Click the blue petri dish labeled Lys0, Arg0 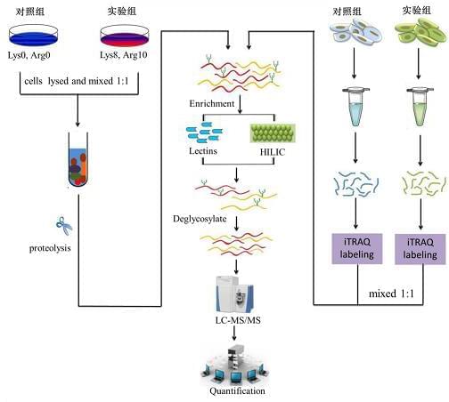pos(33,35)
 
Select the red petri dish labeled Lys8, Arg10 pos(125,36)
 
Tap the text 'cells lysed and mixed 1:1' pos(77,81)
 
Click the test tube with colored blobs pos(78,159)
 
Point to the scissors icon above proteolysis pos(64,226)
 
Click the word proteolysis pos(50,248)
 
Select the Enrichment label pos(212,103)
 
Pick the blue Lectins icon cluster pos(204,133)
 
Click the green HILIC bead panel pos(273,133)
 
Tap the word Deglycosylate pos(200,219)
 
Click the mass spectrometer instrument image pos(234,294)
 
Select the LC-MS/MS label pos(238,320)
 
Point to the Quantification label pos(237,391)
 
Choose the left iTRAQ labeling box pos(357,248)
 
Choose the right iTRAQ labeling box pos(420,249)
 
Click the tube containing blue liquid pos(355,106)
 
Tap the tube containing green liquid pos(420,106)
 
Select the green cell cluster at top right pos(420,32)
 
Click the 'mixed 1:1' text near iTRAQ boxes pos(391,293)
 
